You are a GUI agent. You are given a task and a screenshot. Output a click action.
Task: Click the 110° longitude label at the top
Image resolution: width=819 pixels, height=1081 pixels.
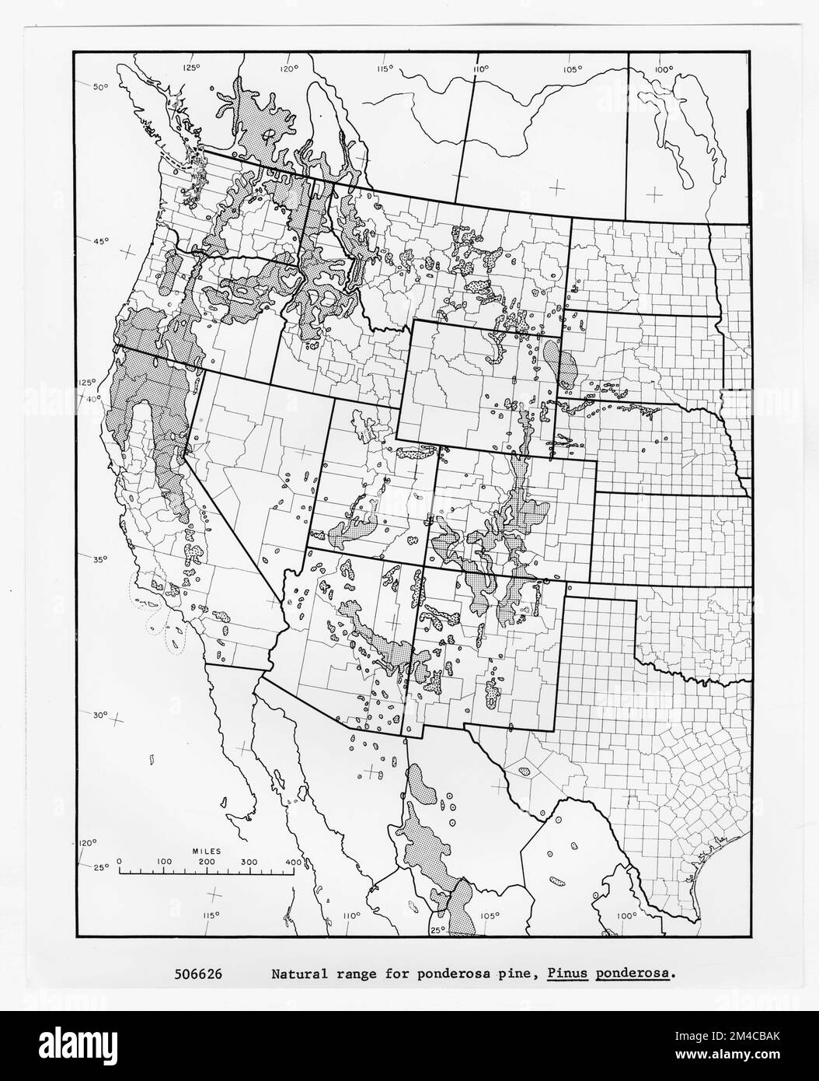click(476, 69)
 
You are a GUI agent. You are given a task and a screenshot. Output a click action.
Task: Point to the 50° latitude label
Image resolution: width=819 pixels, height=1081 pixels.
click(101, 87)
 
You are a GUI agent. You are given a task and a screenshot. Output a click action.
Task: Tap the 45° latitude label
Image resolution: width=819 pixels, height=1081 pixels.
click(101, 242)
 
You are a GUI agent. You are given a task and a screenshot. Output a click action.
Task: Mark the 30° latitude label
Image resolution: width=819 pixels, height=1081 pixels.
click(101, 715)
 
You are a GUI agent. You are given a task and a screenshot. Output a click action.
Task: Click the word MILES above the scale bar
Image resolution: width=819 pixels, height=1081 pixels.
click(206, 852)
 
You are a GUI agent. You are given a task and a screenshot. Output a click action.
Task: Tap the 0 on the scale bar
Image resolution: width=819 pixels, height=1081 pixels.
click(120, 862)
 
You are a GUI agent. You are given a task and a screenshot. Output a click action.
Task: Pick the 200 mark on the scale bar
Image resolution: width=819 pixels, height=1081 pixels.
click(206, 862)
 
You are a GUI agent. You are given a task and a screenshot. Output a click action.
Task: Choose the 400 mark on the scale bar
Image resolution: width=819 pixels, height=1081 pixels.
click(294, 862)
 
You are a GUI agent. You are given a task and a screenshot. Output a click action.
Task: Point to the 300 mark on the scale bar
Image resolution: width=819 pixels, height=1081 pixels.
click(250, 862)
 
